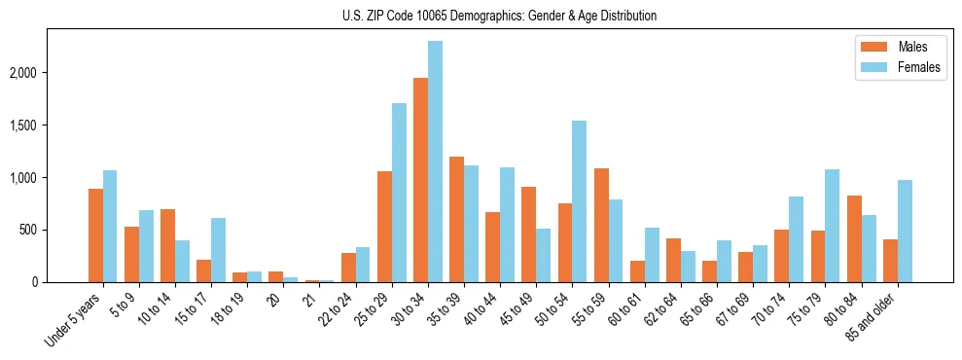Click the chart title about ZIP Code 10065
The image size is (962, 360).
click(499, 16)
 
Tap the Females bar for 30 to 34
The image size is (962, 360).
click(435, 162)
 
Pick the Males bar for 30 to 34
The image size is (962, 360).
click(420, 180)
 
